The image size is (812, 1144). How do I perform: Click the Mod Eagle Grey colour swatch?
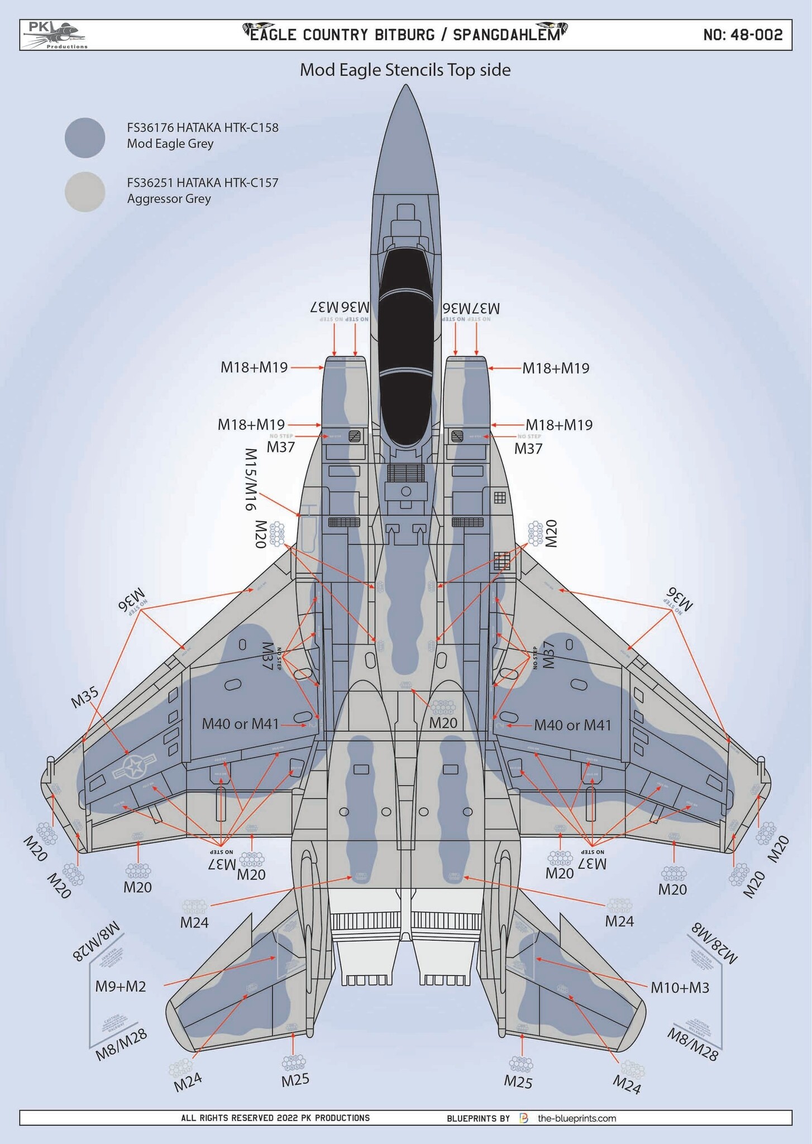pyautogui.click(x=85, y=137)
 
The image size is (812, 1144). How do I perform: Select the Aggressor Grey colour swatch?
pyautogui.click(x=85, y=192)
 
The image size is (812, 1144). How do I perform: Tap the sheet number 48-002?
pyautogui.click(x=743, y=35)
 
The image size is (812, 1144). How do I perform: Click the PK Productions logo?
pyautogui.click(x=55, y=35)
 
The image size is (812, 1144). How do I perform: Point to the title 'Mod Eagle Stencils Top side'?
pyautogui.click(x=405, y=70)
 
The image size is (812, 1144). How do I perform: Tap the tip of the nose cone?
pyautogui.click(x=406, y=87)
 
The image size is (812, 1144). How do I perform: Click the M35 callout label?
pyautogui.click(x=85, y=698)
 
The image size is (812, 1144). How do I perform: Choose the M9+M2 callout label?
pyautogui.click(x=121, y=986)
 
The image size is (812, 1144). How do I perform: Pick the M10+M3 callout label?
pyautogui.click(x=680, y=988)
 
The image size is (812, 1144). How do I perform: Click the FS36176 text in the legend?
pyautogui.click(x=151, y=127)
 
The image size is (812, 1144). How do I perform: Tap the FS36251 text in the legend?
pyautogui.click(x=151, y=183)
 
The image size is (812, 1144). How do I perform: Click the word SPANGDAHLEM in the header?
pyautogui.click(x=506, y=35)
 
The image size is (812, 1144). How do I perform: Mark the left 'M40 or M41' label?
pyautogui.click(x=240, y=724)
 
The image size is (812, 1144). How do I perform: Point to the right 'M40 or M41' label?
pyautogui.click(x=572, y=726)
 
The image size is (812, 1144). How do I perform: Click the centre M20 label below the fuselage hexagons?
pyautogui.click(x=443, y=723)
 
